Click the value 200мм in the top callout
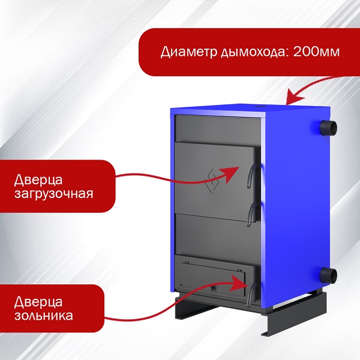(316, 51)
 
